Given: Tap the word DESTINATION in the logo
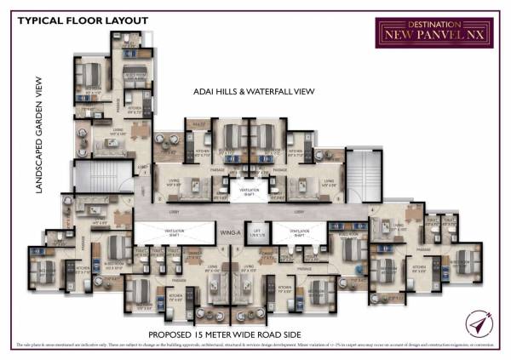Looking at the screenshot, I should tap(422, 26).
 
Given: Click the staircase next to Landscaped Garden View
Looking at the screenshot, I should tap(89, 176).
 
